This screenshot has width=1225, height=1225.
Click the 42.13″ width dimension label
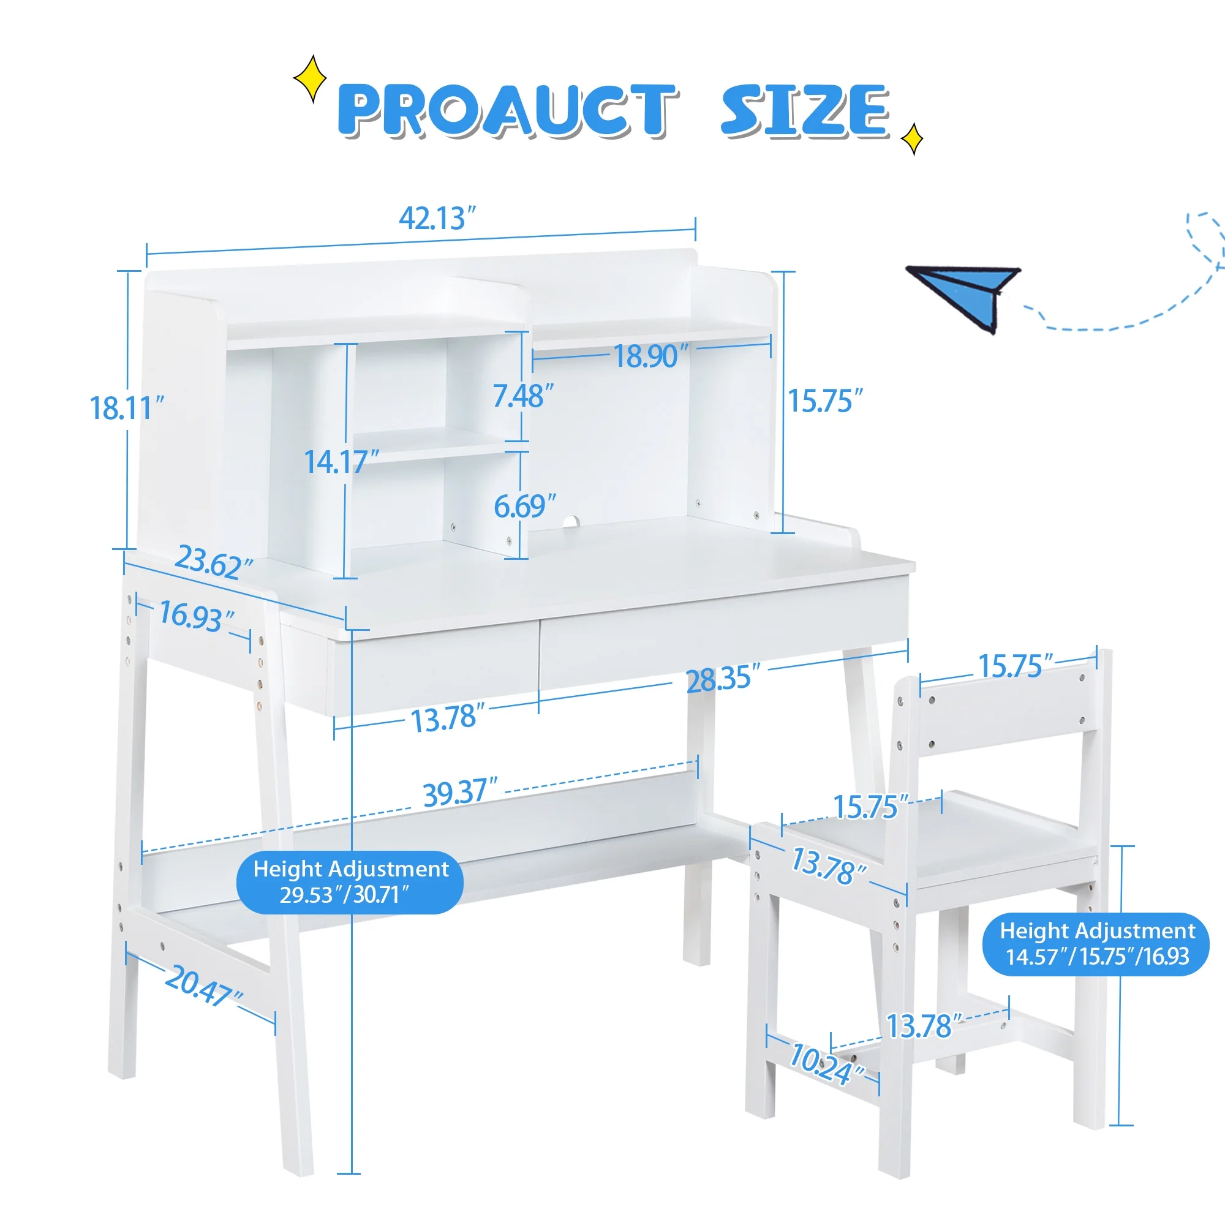(436, 219)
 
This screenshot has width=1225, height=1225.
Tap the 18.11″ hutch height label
(126, 408)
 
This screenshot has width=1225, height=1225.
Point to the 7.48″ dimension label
(522, 396)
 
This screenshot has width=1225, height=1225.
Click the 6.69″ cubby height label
(524, 506)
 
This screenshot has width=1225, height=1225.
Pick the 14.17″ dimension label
(341, 462)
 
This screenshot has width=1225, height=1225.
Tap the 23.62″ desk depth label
(213, 562)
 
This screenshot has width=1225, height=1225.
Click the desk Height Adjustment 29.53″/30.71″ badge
(349, 882)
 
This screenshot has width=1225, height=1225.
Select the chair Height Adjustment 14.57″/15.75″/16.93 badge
(1096, 943)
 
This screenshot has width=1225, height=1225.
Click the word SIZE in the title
(805, 111)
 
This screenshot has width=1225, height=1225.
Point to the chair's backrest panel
(1008, 715)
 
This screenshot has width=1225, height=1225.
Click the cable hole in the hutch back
(571, 521)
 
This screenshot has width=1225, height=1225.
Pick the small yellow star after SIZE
(912, 139)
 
